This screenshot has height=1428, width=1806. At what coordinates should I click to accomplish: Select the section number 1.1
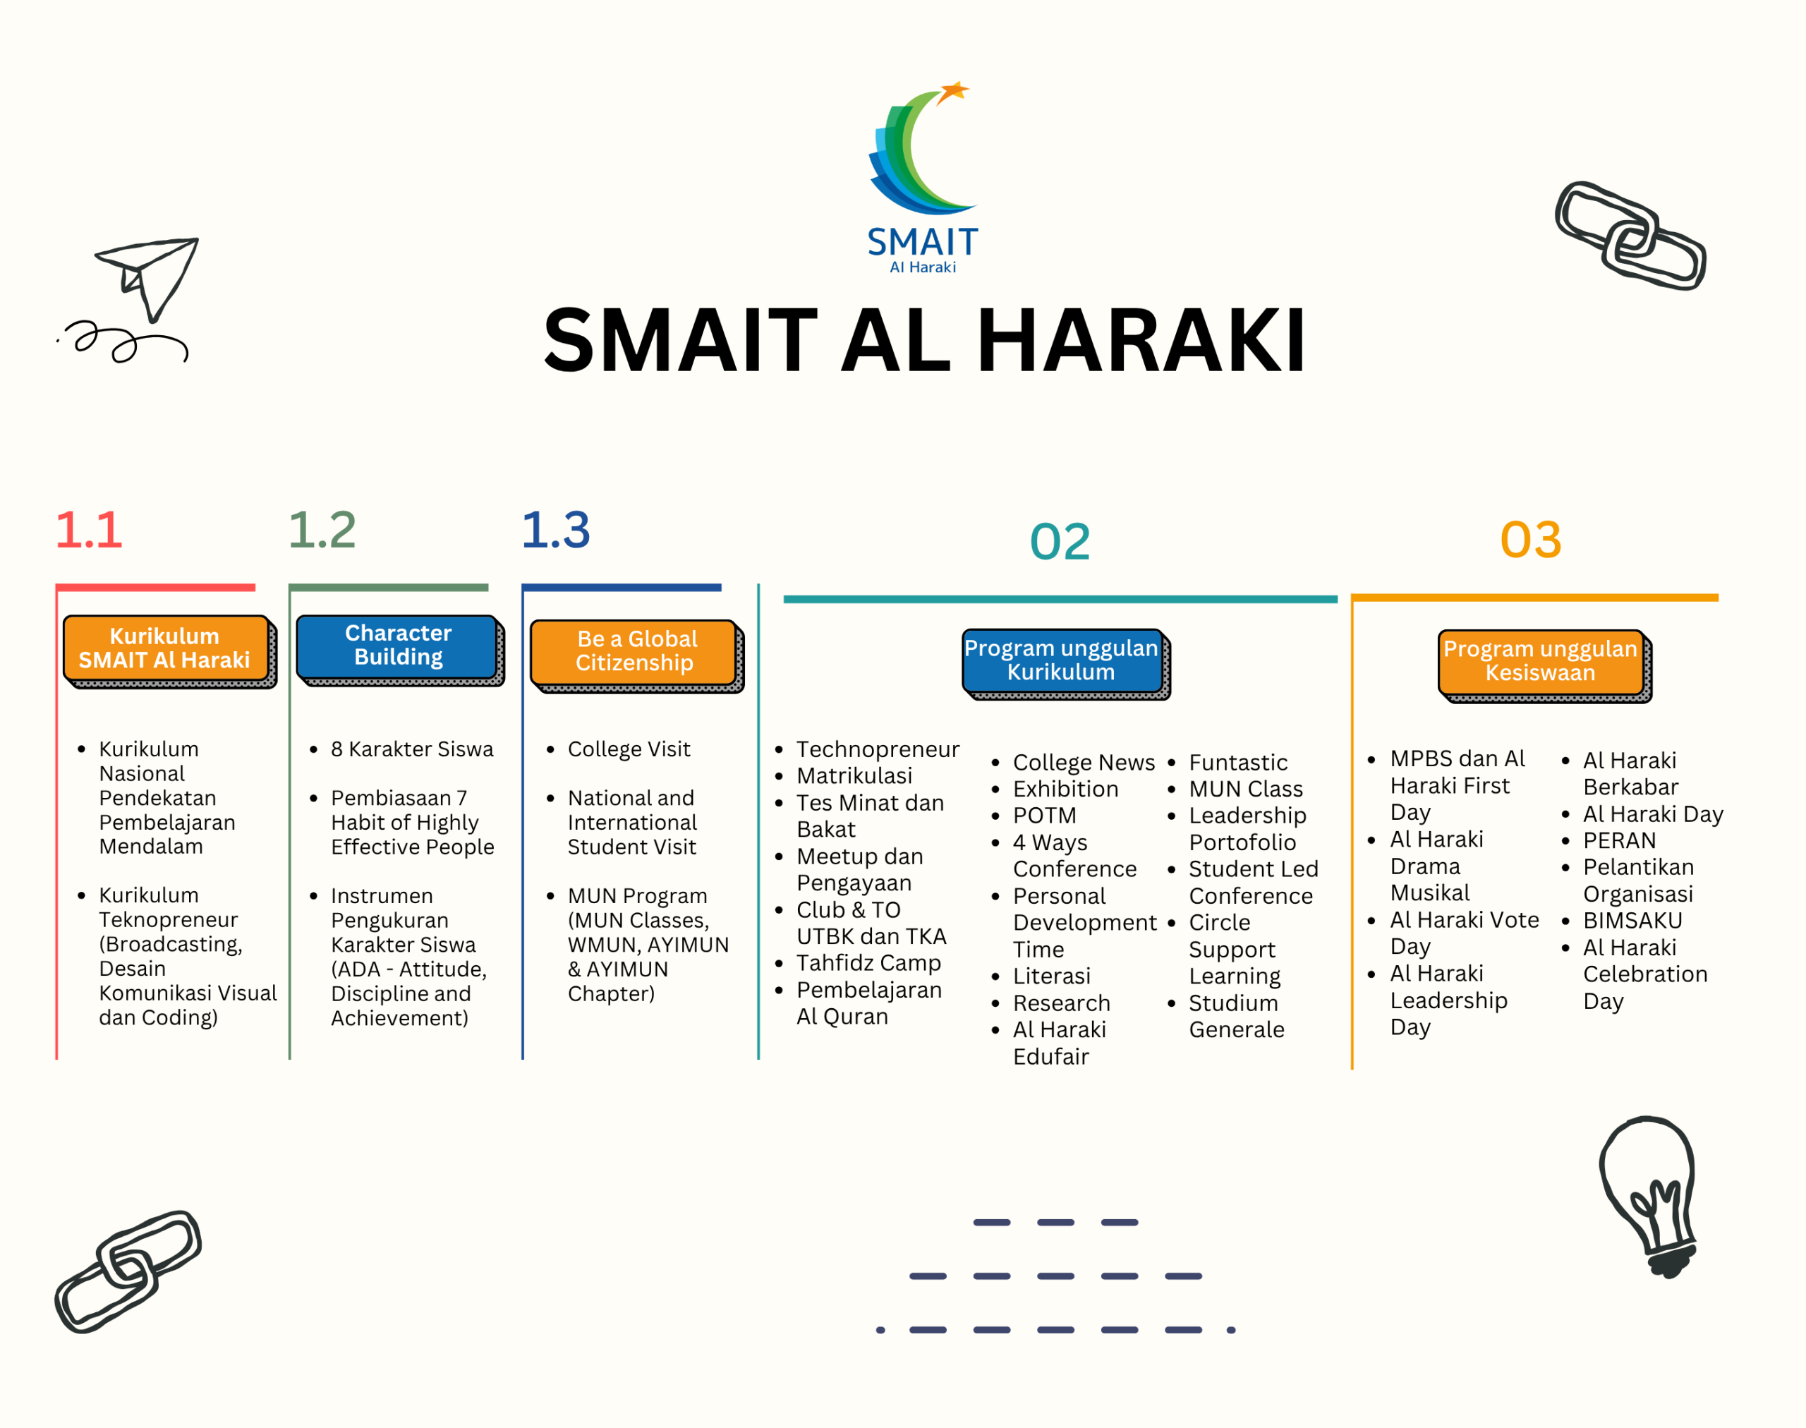(89, 530)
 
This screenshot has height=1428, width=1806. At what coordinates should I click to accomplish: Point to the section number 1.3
(556, 530)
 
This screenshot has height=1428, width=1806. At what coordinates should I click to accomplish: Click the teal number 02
(1060, 541)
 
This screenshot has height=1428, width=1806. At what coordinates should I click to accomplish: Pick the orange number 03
(1531, 539)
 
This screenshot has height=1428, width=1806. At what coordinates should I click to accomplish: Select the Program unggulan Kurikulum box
(1065, 661)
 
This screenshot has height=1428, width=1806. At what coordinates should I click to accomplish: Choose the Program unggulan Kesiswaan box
(1544, 663)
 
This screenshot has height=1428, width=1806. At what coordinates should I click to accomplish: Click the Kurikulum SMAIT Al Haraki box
(167, 649)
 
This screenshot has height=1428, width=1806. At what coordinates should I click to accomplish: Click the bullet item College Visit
(629, 749)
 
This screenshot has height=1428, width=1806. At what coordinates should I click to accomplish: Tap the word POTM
(1044, 815)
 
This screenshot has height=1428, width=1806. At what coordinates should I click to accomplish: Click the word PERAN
(1620, 840)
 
